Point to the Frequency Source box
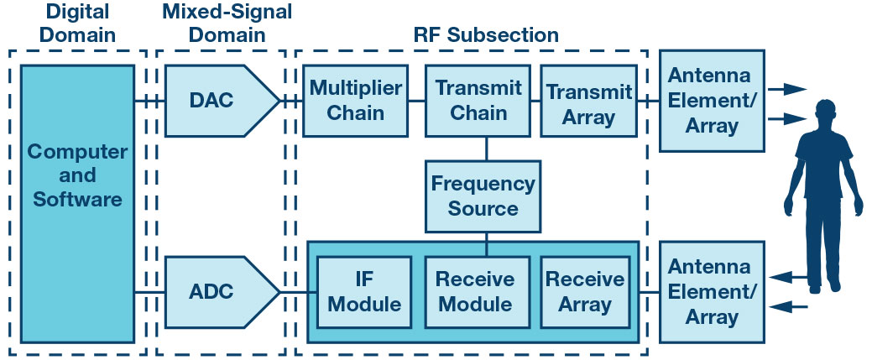tap(482, 196)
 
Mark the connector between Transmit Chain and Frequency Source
tap(487, 149)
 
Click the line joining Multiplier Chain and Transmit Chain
tap(417, 101)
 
